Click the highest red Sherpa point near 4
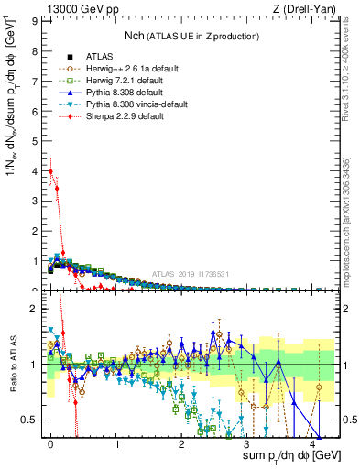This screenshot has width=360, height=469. click(x=51, y=171)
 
